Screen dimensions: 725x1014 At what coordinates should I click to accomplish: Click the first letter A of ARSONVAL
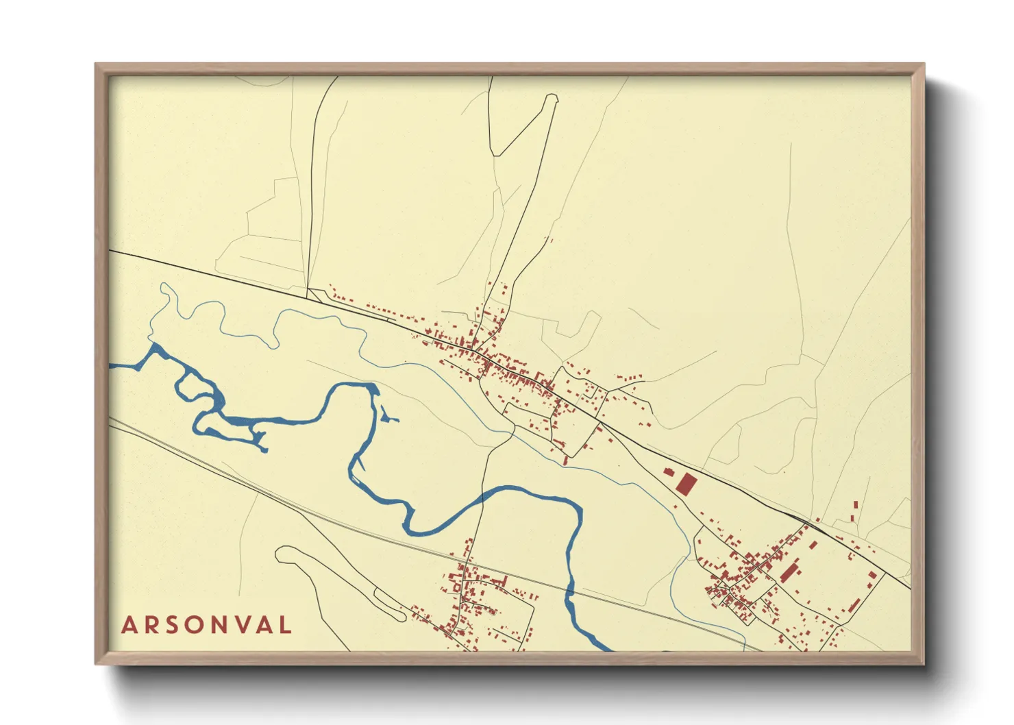[128, 625]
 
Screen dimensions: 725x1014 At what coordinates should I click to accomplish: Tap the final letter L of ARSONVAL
[286, 625]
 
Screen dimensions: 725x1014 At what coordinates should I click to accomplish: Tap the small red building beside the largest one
[669, 471]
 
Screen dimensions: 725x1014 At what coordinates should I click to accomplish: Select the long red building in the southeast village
[790, 572]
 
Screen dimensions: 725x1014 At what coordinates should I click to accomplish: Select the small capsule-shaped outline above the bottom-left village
[389, 603]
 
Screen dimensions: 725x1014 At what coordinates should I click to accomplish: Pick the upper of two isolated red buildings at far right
[855, 505]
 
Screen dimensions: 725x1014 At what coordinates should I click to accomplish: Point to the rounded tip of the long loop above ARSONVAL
[282, 552]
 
